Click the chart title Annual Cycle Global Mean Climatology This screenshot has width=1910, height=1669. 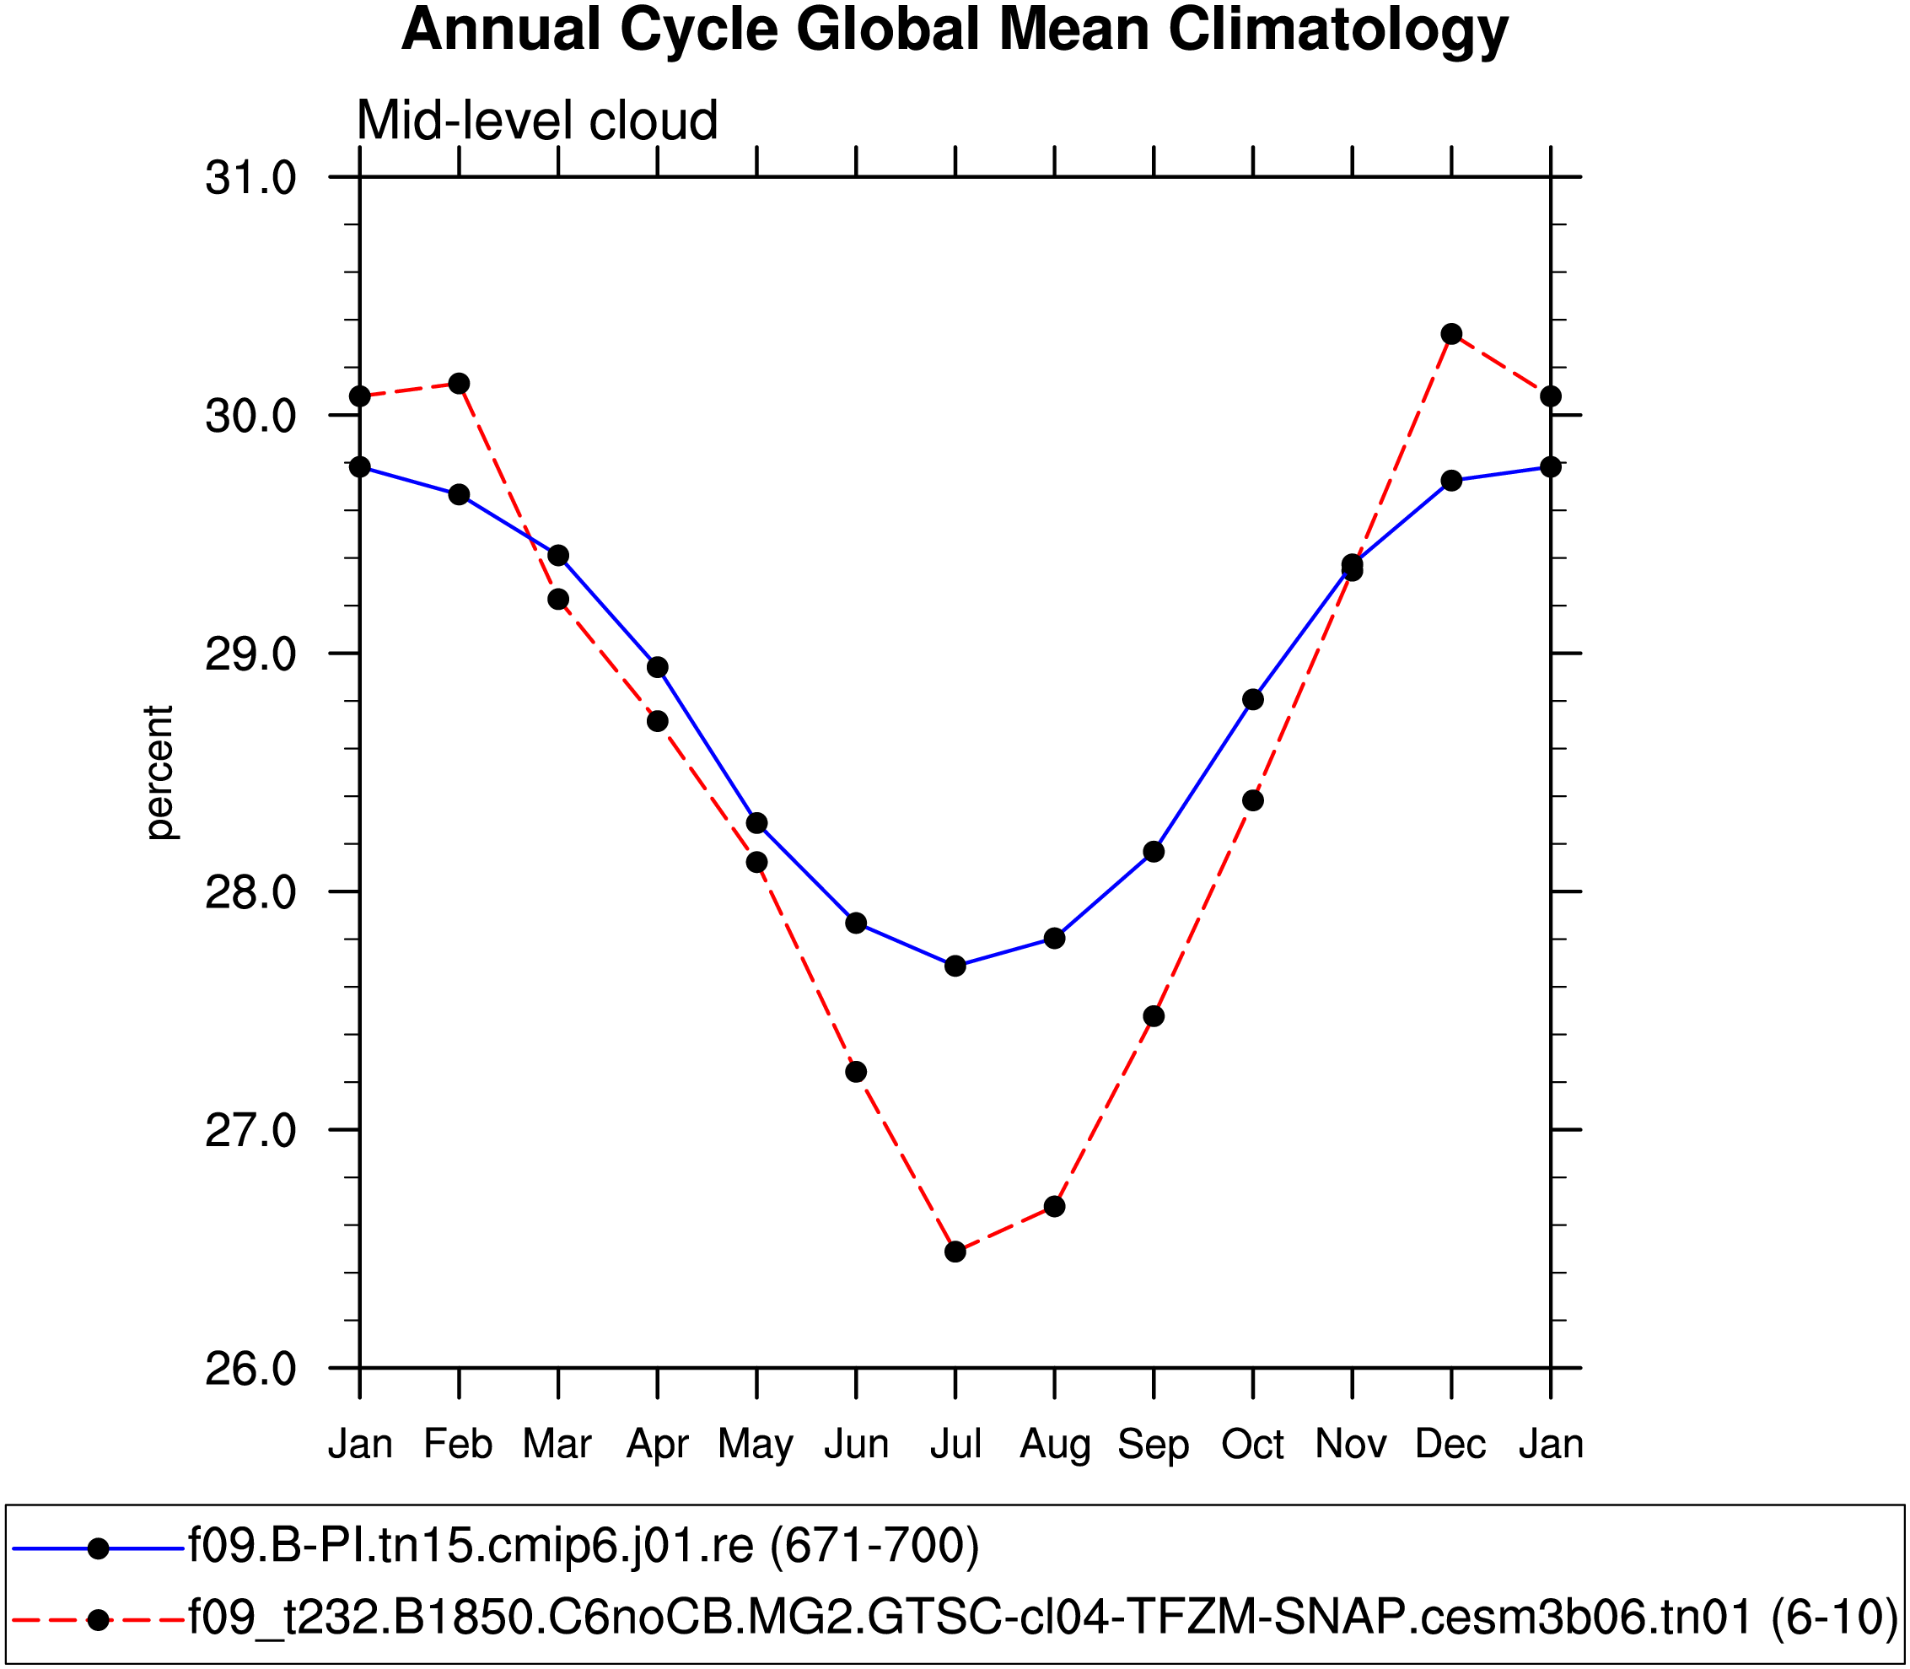pyautogui.click(x=954, y=30)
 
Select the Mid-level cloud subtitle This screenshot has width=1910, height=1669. pyautogui.click(x=537, y=121)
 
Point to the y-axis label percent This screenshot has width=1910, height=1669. pyautogui.click(x=159, y=773)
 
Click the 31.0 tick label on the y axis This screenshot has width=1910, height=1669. pyautogui.click(x=250, y=178)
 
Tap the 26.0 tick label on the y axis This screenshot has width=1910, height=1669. pyautogui.click(x=250, y=1369)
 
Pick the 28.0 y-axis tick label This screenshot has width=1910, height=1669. pyautogui.click(x=250, y=892)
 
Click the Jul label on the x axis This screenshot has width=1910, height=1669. pyautogui.click(x=955, y=1445)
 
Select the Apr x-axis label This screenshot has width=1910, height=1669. pyautogui.click(x=658, y=1445)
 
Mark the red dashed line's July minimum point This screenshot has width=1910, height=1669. pyautogui.click(x=955, y=1252)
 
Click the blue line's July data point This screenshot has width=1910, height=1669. pyautogui.click(x=955, y=966)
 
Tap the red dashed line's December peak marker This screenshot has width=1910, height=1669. pyautogui.click(x=1452, y=334)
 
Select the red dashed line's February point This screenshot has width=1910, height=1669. pyautogui.click(x=459, y=384)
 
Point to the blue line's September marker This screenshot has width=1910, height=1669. pyautogui.click(x=1154, y=851)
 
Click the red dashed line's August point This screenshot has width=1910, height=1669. pyautogui.click(x=1054, y=1206)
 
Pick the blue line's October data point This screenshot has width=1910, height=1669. pyautogui.click(x=1253, y=699)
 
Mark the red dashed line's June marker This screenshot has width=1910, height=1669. pyautogui.click(x=856, y=1072)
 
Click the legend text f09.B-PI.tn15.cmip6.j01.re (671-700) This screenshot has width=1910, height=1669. pyautogui.click(x=584, y=1546)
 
